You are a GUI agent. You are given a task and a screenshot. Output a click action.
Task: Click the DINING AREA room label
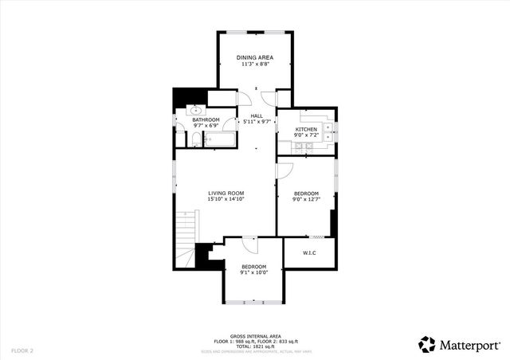pyautogui.click(x=255, y=58)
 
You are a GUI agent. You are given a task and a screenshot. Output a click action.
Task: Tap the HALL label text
pyautogui.click(x=256, y=116)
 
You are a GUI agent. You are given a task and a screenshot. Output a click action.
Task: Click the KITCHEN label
pyautogui.click(x=307, y=129)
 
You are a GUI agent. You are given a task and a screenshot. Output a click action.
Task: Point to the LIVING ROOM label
pyautogui.click(x=226, y=193)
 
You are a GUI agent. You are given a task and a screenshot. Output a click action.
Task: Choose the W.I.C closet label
pyautogui.click(x=309, y=253)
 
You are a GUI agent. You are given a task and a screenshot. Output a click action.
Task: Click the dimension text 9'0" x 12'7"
pyautogui.click(x=306, y=200)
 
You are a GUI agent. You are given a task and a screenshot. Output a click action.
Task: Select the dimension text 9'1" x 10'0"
pyautogui.click(x=254, y=272)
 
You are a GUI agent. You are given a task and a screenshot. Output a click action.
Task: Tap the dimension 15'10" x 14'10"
pyautogui.click(x=226, y=199)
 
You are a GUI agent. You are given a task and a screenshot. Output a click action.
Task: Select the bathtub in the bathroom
pyautogui.click(x=218, y=141)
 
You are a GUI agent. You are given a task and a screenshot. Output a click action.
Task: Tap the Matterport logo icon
pyautogui.click(x=427, y=344)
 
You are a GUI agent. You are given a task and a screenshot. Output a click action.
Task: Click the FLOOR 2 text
pyautogui.click(x=22, y=350)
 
